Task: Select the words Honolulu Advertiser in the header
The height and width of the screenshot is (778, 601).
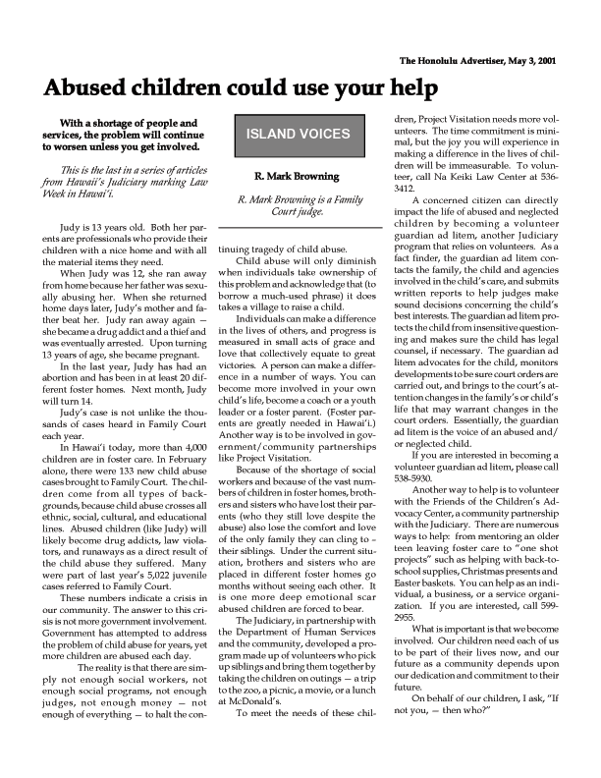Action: coord(459,61)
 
